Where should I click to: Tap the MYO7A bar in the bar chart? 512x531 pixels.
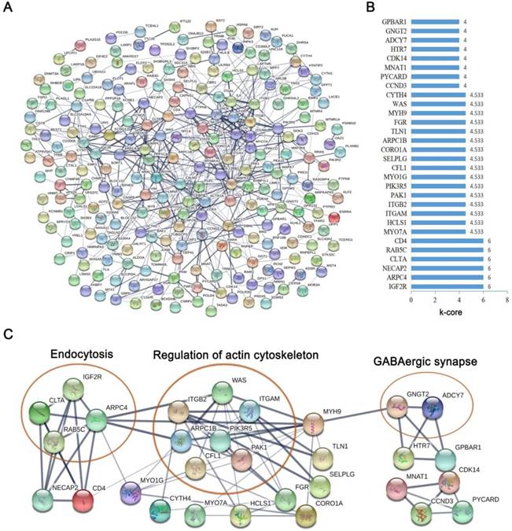(x=453, y=232)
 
